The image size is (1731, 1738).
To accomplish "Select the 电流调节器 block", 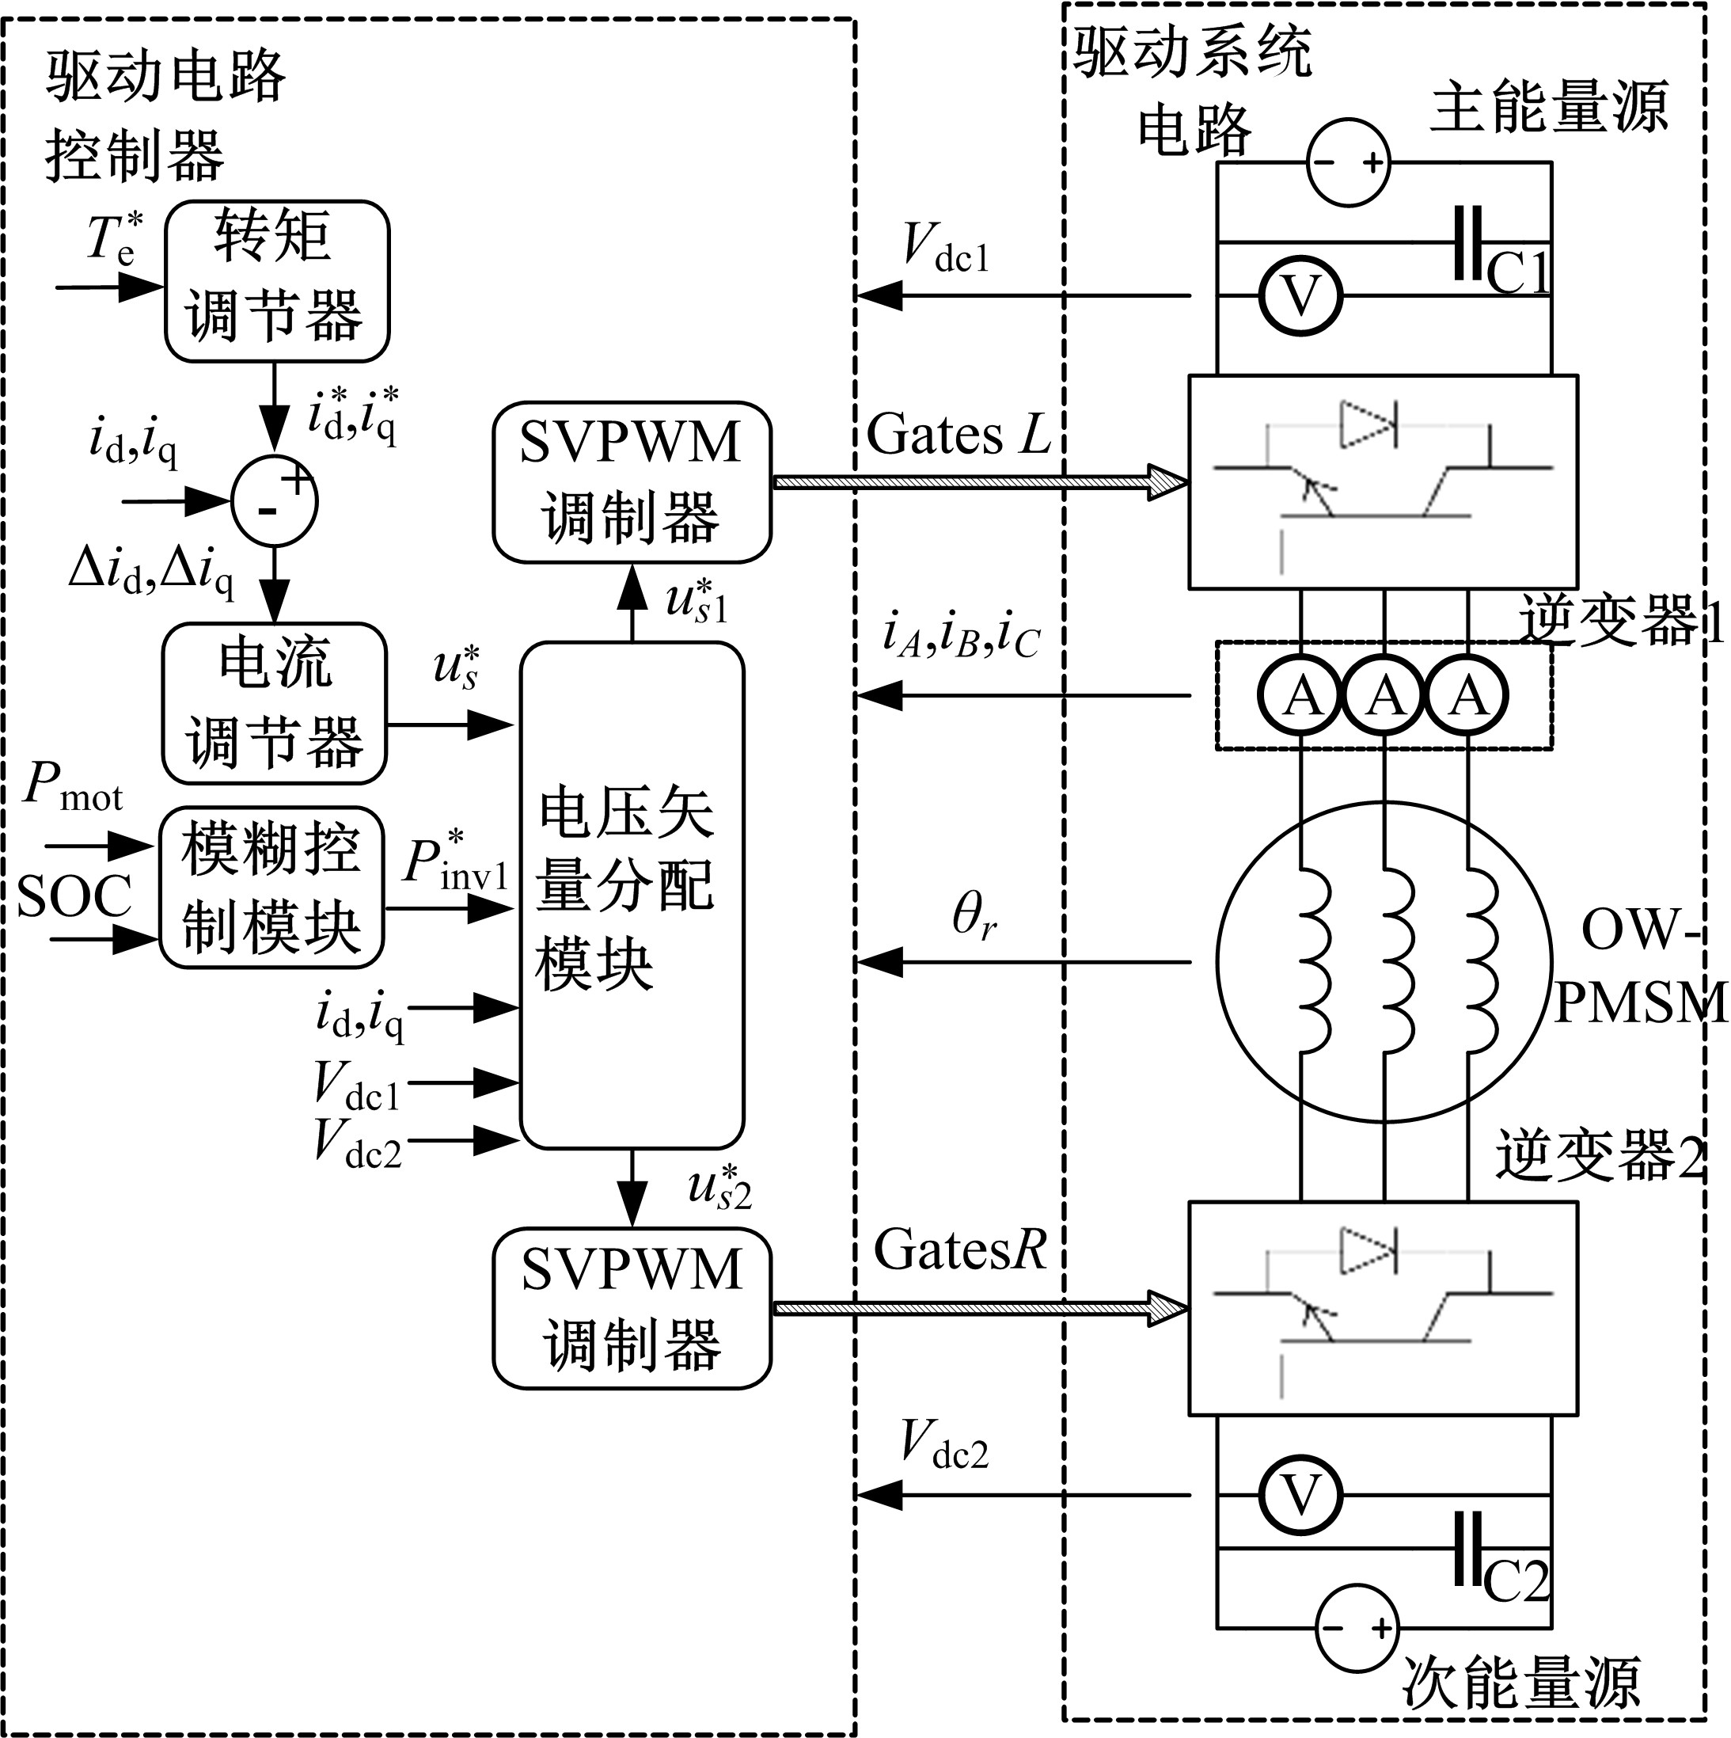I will (275, 702).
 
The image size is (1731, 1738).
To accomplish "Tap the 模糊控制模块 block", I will (271, 887).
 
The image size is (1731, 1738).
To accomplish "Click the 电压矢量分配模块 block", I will (632, 895).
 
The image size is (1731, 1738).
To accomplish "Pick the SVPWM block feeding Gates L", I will (632, 482).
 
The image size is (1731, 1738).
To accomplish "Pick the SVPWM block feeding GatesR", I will (632, 1308).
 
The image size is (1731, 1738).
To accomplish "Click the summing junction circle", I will (275, 502).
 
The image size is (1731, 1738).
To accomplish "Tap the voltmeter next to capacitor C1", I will (1300, 295).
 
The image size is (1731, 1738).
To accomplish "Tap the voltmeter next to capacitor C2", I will (1300, 1495).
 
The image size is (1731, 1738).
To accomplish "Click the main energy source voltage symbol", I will (1347, 163).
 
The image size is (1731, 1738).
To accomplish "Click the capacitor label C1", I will (1519, 272).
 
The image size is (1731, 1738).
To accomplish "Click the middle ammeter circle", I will (1385, 695).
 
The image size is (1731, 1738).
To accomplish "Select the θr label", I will (974, 917).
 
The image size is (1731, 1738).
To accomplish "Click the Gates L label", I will (959, 435).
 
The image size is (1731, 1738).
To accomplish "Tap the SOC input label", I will (74, 897).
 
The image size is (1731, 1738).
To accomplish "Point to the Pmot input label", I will (72, 785).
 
